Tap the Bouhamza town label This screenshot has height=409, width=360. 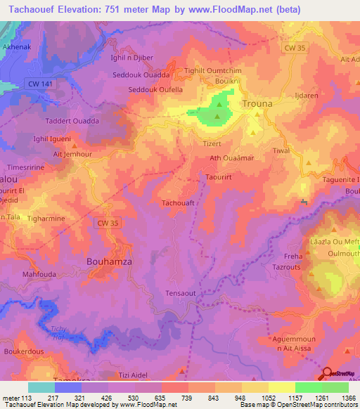(109, 261)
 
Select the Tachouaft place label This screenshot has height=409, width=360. (179, 202)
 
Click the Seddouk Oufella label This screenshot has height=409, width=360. (155, 89)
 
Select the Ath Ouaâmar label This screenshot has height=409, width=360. (231, 158)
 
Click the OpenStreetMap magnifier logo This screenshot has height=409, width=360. (328, 374)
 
